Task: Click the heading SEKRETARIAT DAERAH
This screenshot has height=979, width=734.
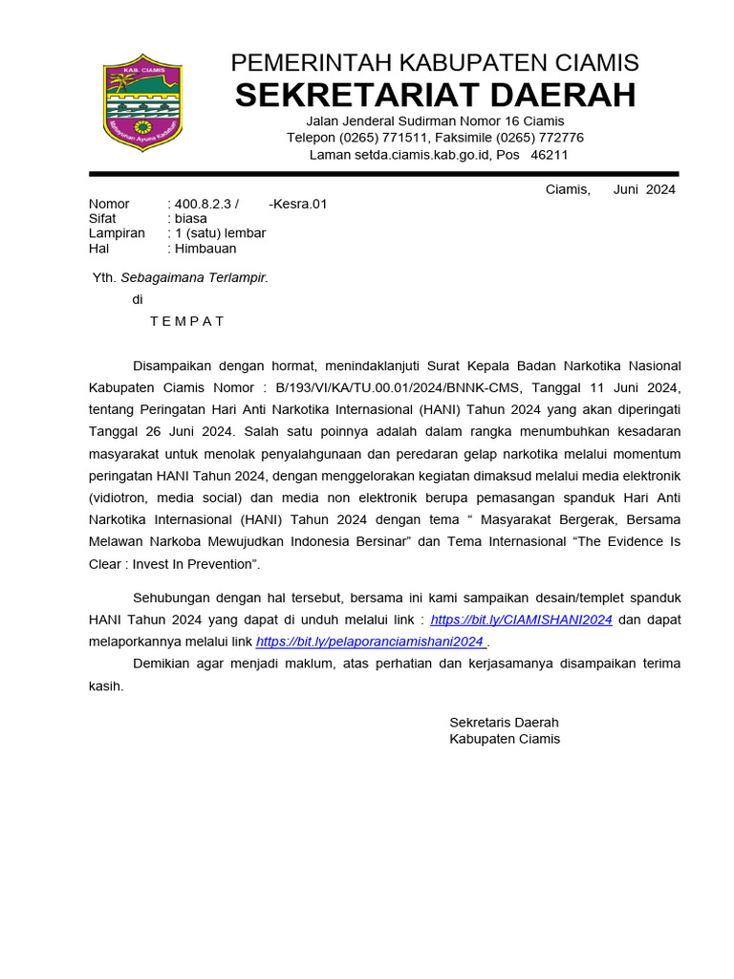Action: pyautogui.click(x=435, y=96)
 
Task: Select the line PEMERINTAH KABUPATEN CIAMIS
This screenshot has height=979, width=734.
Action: pyautogui.click(x=435, y=63)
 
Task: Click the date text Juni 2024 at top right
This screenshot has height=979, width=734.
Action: pyautogui.click(x=644, y=189)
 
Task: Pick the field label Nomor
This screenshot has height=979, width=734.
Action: pyautogui.click(x=109, y=204)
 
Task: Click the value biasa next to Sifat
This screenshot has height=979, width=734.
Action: pyautogui.click(x=191, y=218)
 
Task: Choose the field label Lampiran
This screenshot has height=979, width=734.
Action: pyautogui.click(x=117, y=233)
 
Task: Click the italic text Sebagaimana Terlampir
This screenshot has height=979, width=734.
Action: pyautogui.click(x=194, y=278)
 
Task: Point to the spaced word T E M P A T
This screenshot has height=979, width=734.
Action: pyautogui.click(x=187, y=321)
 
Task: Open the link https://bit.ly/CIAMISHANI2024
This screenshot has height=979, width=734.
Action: pyautogui.click(x=521, y=620)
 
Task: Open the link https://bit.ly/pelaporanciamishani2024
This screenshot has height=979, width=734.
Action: pyautogui.click(x=371, y=642)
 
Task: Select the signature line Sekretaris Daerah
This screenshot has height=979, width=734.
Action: pyautogui.click(x=504, y=723)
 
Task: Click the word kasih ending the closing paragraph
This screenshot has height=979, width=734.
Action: pyautogui.click(x=106, y=686)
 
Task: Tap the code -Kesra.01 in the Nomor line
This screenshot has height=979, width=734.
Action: pyautogui.click(x=298, y=204)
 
